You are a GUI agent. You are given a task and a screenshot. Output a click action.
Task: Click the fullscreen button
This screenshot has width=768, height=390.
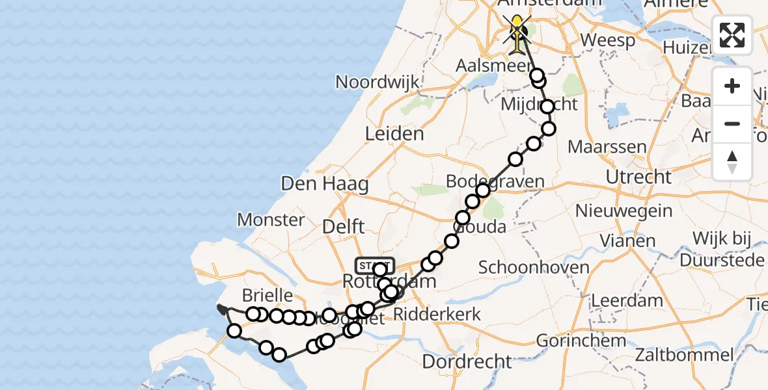click(x=732, y=35)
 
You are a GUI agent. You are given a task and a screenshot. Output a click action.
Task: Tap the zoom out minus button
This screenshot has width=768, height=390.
click(x=732, y=123)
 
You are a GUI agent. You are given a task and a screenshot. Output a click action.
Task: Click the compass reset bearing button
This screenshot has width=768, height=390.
click(x=732, y=161)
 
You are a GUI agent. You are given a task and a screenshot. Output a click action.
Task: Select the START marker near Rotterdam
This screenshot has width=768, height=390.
click(x=374, y=265)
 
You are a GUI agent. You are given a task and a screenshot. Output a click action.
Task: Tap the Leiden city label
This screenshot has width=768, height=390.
click(x=394, y=134)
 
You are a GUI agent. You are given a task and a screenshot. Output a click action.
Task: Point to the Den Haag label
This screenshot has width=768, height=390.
click(x=325, y=183)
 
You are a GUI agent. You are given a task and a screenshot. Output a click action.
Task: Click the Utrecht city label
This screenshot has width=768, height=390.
click(x=638, y=177)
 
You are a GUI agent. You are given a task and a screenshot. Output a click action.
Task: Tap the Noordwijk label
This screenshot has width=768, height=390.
click(x=377, y=83)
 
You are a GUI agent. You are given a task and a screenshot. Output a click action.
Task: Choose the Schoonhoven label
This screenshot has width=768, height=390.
click(x=525, y=266)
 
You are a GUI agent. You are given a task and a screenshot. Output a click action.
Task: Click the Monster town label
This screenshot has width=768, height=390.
click(x=271, y=220)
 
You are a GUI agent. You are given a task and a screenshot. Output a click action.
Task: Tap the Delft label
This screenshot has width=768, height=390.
click(x=344, y=227)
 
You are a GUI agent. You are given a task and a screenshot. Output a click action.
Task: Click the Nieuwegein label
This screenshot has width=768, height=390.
click(x=624, y=211)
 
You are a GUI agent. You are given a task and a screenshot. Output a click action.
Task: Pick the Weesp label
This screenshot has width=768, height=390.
click(x=607, y=40)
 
